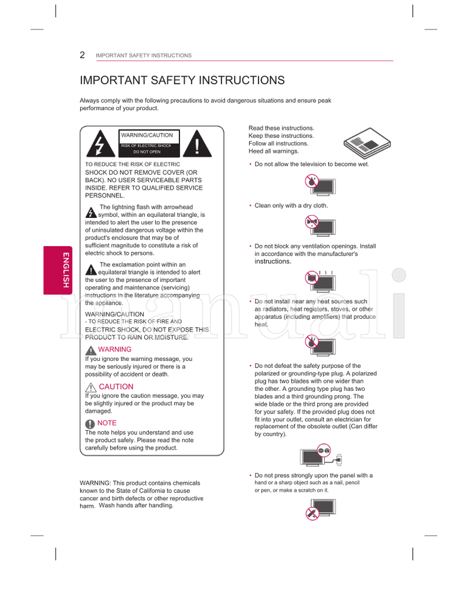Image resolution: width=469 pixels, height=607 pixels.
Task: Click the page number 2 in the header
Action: pyautogui.click(x=83, y=55)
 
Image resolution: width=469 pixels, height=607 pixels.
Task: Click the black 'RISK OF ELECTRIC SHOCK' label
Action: pyautogui.click(x=147, y=145)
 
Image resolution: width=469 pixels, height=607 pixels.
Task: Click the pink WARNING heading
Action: pyautogui.click(x=115, y=349)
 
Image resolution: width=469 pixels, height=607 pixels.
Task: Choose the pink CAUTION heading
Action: pyautogui.click(x=116, y=387)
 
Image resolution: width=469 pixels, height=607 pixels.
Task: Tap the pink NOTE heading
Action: pyautogui.click(x=107, y=423)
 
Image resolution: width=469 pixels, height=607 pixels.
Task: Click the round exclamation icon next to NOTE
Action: pyautogui.click(x=90, y=424)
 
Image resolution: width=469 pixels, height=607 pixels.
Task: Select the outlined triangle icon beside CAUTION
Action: pyautogui.click(x=90, y=387)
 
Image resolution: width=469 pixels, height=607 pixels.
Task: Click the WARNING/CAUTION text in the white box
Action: pyautogui.click(x=147, y=135)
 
